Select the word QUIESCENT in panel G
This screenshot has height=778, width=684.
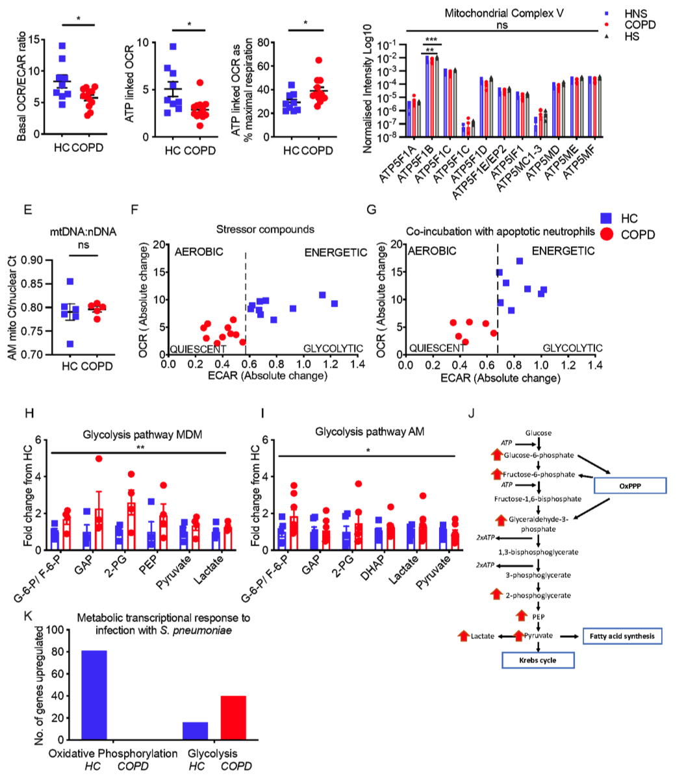[x=433, y=349]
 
